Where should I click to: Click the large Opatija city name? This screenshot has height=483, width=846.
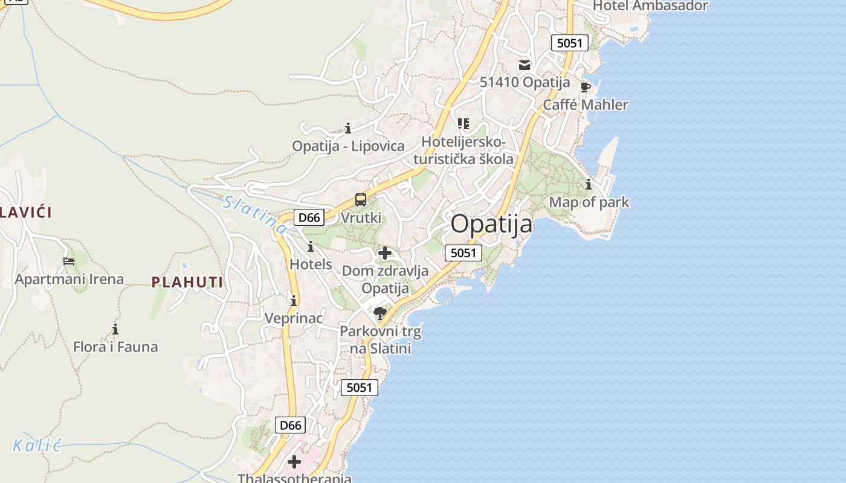pyautogui.click(x=491, y=224)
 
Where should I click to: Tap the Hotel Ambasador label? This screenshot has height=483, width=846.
pyautogui.click(x=650, y=6)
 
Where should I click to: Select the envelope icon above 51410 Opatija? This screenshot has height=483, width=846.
pyautogui.click(x=525, y=65)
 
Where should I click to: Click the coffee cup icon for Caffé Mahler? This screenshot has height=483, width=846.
pyautogui.click(x=585, y=87)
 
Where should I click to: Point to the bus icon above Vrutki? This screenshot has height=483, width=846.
pyautogui.click(x=361, y=200)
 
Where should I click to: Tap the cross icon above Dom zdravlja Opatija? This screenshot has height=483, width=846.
pyautogui.click(x=385, y=253)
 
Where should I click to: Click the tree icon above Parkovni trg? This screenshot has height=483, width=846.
pyautogui.click(x=380, y=313)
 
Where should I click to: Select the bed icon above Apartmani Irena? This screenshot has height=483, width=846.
pyautogui.click(x=69, y=261)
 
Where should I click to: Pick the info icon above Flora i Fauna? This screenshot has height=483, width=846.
pyautogui.click(x=115, y=330)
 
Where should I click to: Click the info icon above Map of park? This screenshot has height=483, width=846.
pyautogui.click(x=589, y=185)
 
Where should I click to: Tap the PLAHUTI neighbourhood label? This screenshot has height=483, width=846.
pyautogui.click(x=187, y=282)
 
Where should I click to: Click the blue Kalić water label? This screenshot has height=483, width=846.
pyautogui.click(x=37, y=446)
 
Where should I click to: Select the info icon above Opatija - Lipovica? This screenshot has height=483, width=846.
pyautogui.click(x=348, y=128)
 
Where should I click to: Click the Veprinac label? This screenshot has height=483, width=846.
pyautogui.click(x=294, y=318)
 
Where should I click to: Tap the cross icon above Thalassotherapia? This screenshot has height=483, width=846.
pyautogui.click(x=294, y=462)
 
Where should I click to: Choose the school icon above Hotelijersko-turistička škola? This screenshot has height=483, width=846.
pyautogui.click(x=463, y=124)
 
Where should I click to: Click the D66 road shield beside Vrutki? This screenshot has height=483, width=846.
pyautogui.click(x=309, y=217)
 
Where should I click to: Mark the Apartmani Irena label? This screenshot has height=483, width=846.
pyautogui.click(x=69, y=280)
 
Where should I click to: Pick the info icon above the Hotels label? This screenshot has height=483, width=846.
pyautogui.click(x=311, y=247)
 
